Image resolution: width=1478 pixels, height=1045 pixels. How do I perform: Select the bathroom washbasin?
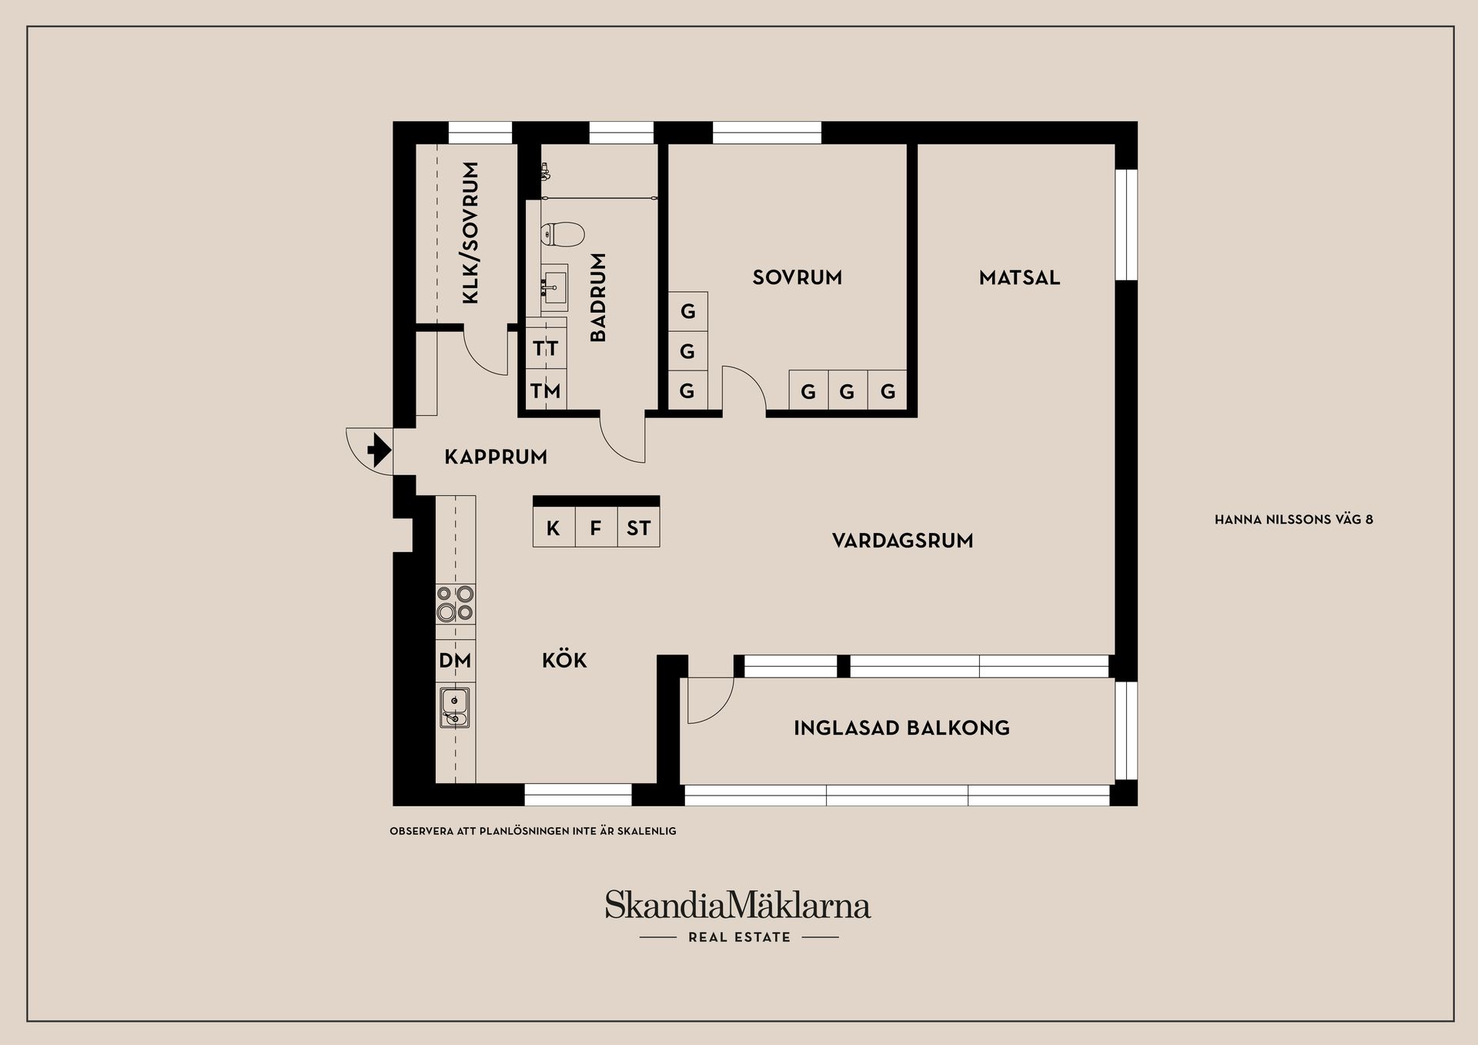[x=553, y=286]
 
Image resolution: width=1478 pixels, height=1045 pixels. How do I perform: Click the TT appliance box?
[x=546, y=348]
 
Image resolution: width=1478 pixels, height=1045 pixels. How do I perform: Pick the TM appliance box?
[x=546, y=391]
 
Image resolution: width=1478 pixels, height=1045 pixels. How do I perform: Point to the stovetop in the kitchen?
[x=455, y=604]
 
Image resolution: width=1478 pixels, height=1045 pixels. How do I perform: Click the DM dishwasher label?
[x=455, y=661]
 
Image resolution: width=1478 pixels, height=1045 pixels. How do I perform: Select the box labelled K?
[x=553, y=528]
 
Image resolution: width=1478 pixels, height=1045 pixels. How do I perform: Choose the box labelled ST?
[x=638, y=528]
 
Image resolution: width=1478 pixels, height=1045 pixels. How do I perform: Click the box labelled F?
[x=596, y=528]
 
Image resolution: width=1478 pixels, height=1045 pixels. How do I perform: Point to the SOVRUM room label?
[x=797, y=277]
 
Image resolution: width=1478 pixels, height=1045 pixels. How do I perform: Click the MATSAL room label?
[x=1019, y=277]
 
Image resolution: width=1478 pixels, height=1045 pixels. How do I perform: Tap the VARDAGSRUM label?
[x=902, y=541]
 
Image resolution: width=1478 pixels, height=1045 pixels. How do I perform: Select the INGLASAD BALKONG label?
[x=901, y=728]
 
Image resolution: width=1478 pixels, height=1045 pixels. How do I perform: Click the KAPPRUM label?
[x=496, y=457]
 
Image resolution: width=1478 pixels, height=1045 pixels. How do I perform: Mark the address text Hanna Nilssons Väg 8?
[x=1293, y=520]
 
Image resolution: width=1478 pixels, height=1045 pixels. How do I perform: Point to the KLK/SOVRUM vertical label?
[x=471, y=232]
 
